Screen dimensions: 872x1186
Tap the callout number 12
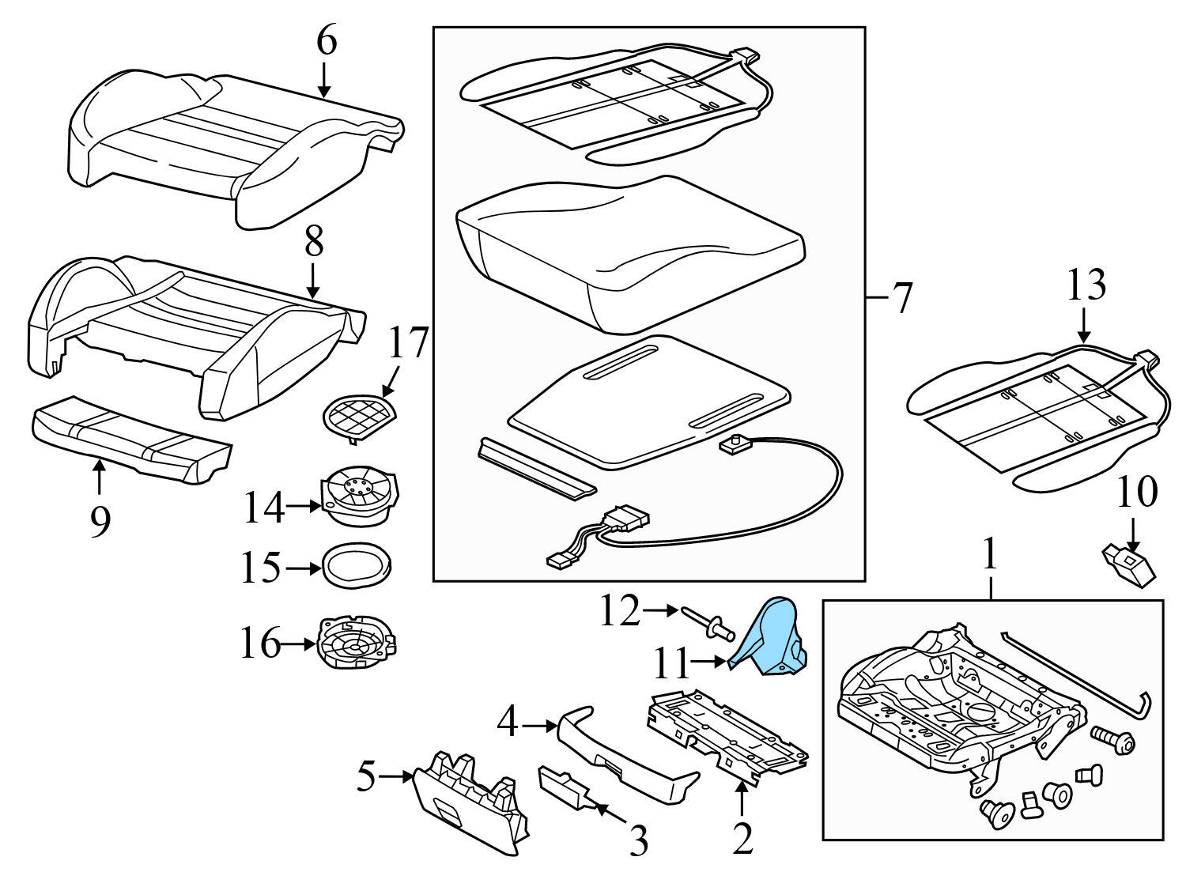point(620,610)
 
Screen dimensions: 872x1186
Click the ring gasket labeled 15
point(357,568)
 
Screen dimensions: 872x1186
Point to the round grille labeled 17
point(359,414)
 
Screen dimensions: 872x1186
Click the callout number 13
point(1086,285)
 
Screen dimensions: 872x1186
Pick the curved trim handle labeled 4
point(625,747)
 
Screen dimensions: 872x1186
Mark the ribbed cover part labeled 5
point(470,798)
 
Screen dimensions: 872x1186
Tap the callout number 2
point(742,839)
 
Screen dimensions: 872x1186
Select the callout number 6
point(326,41)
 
